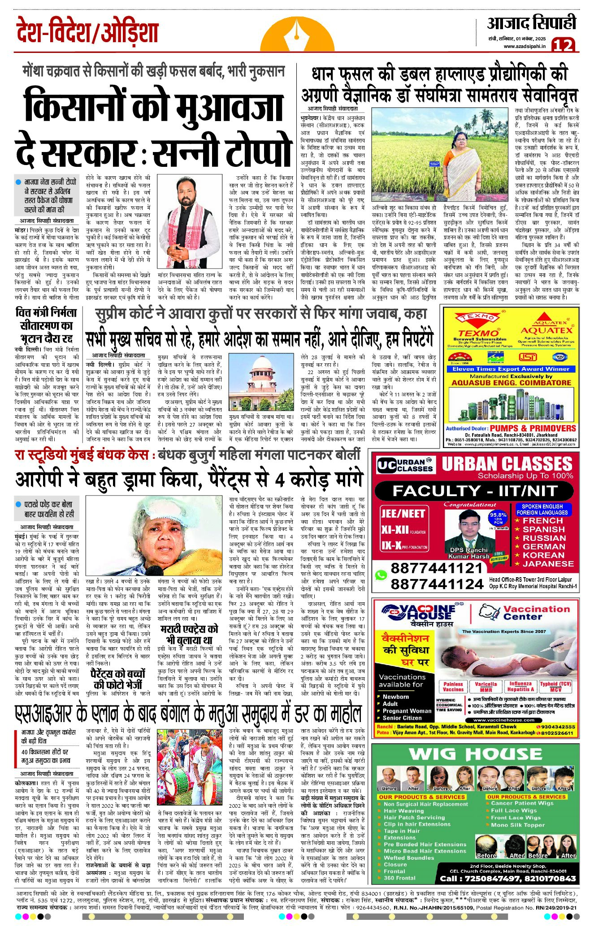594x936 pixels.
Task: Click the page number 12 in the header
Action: pos(563,45)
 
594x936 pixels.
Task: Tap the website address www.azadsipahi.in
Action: pos(525,46)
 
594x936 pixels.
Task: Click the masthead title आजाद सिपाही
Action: pos(531,23)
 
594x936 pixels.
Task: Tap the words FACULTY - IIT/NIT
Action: pos(475,491)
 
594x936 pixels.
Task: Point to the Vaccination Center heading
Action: pos(536,613)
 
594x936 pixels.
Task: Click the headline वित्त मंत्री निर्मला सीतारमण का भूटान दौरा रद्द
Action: pos(46,326)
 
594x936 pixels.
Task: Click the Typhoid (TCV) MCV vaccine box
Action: pos(555,687)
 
